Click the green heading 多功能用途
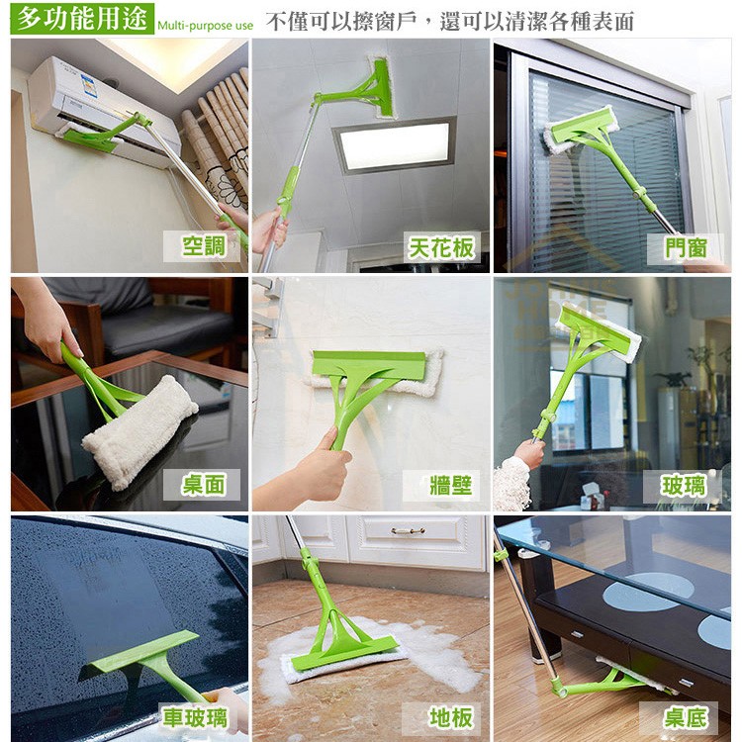coord(82,18)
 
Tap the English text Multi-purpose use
coord(206,26)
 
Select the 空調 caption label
coord(204,246)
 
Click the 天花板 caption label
coord(441,247)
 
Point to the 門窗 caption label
coord(686,248)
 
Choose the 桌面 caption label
coord(203,485)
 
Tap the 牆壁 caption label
coord(442,486)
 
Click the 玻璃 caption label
coord(683,486)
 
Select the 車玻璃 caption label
coord(195,717)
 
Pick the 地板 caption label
coord(441,718)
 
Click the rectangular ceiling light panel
coord(395,144)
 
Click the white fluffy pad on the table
coord(141,429)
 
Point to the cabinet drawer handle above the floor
coord(408,531)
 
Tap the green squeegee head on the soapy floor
coord(345,653)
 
